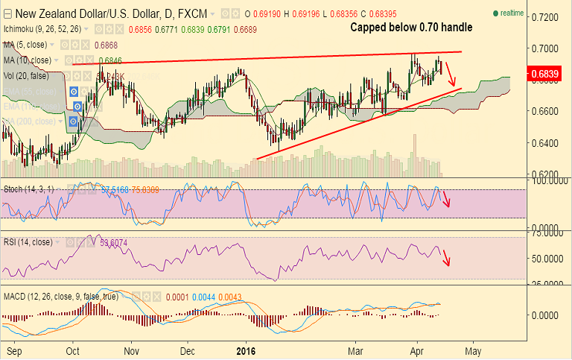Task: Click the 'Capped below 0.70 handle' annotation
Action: pos(411,28)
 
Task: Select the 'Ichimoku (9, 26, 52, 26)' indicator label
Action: pos(41,29)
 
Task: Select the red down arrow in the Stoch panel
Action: pos(446,198)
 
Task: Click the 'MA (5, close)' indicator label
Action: pos(28,45)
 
